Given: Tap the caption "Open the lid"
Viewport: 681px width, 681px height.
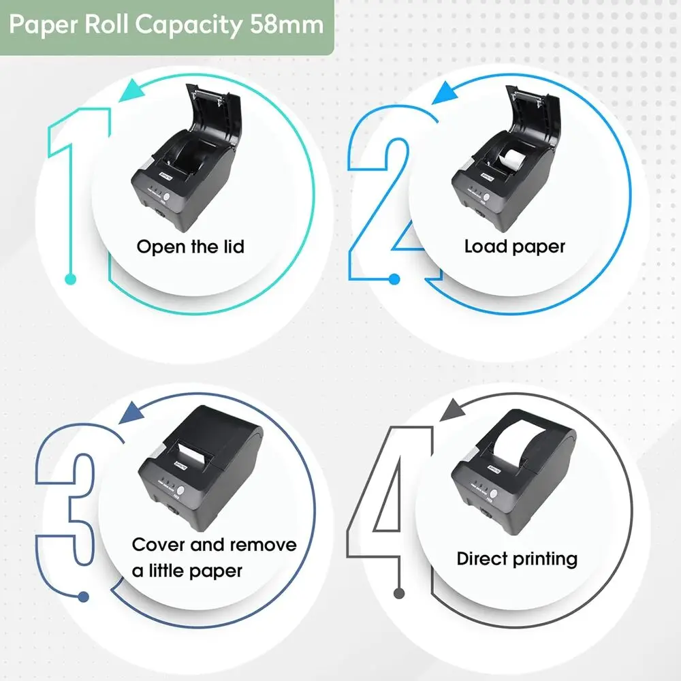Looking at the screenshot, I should [190, 246].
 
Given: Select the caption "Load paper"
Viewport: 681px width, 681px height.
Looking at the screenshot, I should [514, 246].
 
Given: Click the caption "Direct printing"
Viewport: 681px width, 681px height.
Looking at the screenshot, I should [517, 559].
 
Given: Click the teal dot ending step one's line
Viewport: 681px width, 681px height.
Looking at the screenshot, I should [69, 278].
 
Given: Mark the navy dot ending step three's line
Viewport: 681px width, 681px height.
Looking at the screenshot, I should [84, 597].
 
